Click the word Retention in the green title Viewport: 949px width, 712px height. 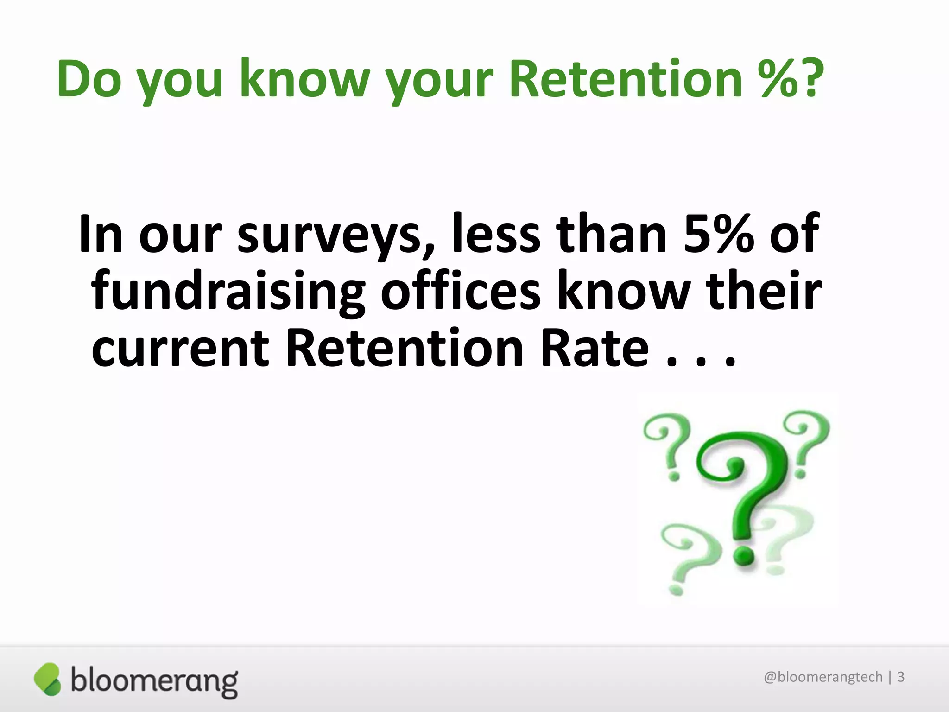click(x=626, y=79)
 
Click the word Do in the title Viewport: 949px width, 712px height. click(x=89, y=79)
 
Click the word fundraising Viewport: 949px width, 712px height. click(x=228, y=292)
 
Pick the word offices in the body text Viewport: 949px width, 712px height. click(x=460, y=292)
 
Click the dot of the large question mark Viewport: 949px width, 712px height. click(x=743, y=555)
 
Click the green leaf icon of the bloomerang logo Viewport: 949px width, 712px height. click(x=47, y=679)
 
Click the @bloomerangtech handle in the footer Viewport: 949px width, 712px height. click(x=823, y=677)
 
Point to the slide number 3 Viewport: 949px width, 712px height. click(x=901, y=677)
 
